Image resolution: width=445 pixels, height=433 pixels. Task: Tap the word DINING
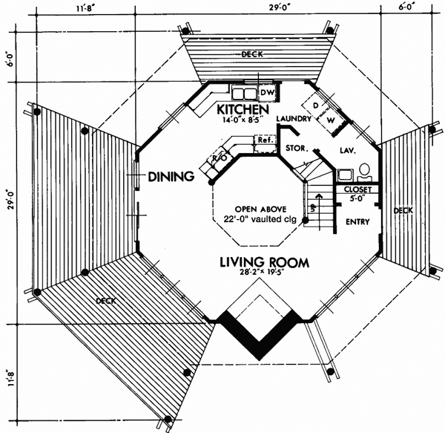pos(171,177)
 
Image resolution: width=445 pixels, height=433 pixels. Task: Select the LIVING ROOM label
pos(263,262)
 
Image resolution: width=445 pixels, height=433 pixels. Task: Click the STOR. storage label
pos(297,148)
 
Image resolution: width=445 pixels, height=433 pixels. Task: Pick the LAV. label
pos(348,150)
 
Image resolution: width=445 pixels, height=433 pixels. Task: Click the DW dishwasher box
pos(268,92)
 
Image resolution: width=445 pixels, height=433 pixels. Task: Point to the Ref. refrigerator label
pos(263,140)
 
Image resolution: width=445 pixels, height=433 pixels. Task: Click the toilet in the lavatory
pos(365,173)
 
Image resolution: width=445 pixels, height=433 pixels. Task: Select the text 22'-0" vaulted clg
pos(256,218)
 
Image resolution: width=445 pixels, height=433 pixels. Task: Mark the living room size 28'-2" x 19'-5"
pos(263,274)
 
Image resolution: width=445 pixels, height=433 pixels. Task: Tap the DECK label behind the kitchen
pos(256,54)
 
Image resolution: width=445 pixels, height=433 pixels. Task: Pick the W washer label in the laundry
pos(332,119)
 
